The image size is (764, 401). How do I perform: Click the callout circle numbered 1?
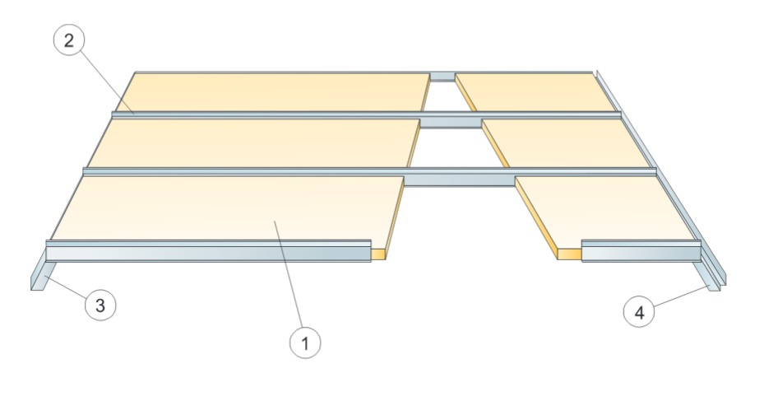[x=306, y=343]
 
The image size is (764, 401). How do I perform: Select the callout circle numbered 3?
[x=100, y=305]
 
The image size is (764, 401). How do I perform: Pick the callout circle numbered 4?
[x=640, y=312]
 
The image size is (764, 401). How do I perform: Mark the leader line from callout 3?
[x=66, y=291]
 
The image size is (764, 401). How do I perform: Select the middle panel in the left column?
[x=255, y=142]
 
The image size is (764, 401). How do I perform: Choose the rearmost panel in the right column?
[x=539, y=91]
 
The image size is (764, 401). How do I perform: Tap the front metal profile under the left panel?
[x=206, y=252]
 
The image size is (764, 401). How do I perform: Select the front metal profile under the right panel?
[x=641, y=251]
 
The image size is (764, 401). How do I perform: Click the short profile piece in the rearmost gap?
[x=442, y=77]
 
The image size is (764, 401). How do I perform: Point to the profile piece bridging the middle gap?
[x=451, y=123]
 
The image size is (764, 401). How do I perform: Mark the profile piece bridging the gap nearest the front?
[x=459, y=179]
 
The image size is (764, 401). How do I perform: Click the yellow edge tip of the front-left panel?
[x=378, y=253]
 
